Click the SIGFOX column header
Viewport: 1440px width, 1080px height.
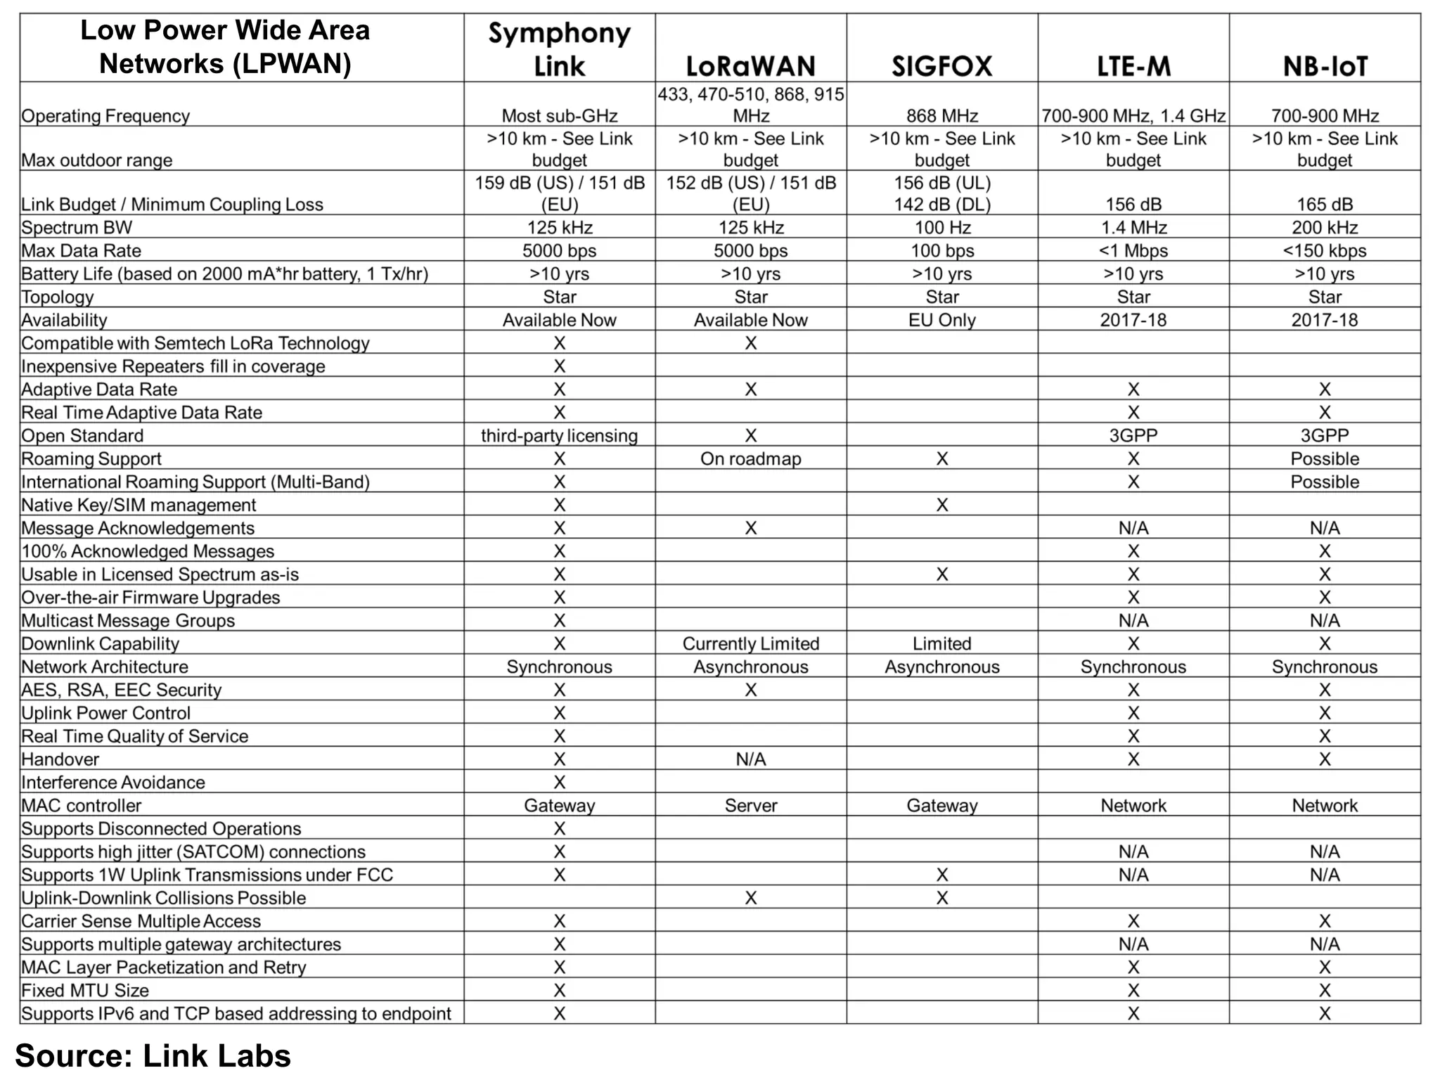(941, 66)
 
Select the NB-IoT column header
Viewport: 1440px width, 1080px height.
(1325, 66)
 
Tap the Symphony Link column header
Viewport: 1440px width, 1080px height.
(559, 49)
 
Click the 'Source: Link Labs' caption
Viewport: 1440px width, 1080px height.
(153, 1055)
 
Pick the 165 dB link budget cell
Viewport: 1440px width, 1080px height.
(1325, 204)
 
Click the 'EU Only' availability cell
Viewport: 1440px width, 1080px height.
(941, 320)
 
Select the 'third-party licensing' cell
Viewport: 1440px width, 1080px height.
(559, 435)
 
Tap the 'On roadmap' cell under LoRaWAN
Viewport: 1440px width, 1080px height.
(750, 458)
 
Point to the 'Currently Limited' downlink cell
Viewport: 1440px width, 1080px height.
(750, 643)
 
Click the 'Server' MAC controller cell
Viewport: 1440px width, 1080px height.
(750, 805)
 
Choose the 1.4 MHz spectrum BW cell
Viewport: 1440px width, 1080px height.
(1133, 227)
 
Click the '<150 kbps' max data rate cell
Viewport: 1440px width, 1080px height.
(1325, 250)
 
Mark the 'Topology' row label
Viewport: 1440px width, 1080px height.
(57, 297)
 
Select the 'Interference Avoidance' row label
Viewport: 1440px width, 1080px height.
(112, 782)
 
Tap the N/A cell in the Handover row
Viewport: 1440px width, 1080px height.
(750, 759)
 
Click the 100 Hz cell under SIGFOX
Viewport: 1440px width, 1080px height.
(941, 227)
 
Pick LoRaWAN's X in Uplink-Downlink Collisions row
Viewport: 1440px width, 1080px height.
(750, 898)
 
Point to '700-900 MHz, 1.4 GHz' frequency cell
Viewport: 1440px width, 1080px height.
(1133, 115)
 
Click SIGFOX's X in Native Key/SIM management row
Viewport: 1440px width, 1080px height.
(941, 505)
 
